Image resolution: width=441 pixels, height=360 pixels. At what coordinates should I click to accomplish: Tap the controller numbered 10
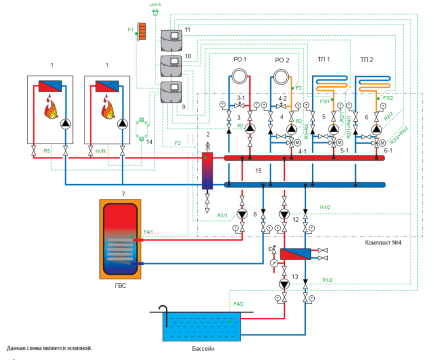(x=170, y=66)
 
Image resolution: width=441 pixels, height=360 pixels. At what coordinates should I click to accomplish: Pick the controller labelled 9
(x=170, y=93)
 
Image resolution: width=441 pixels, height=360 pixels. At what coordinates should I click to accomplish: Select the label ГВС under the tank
(x=119, y=284)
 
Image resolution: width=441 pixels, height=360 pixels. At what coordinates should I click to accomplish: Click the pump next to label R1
(x=250, y=129)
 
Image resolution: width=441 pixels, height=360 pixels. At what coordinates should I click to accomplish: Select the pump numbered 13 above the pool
(x=283, y=284)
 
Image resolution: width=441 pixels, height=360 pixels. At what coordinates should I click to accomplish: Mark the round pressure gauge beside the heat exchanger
(x=274, y=263)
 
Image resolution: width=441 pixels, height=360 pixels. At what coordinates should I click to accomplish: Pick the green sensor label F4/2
(x=238, y=305)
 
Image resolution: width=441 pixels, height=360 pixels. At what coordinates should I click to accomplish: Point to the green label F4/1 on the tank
(x=148, y=232)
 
